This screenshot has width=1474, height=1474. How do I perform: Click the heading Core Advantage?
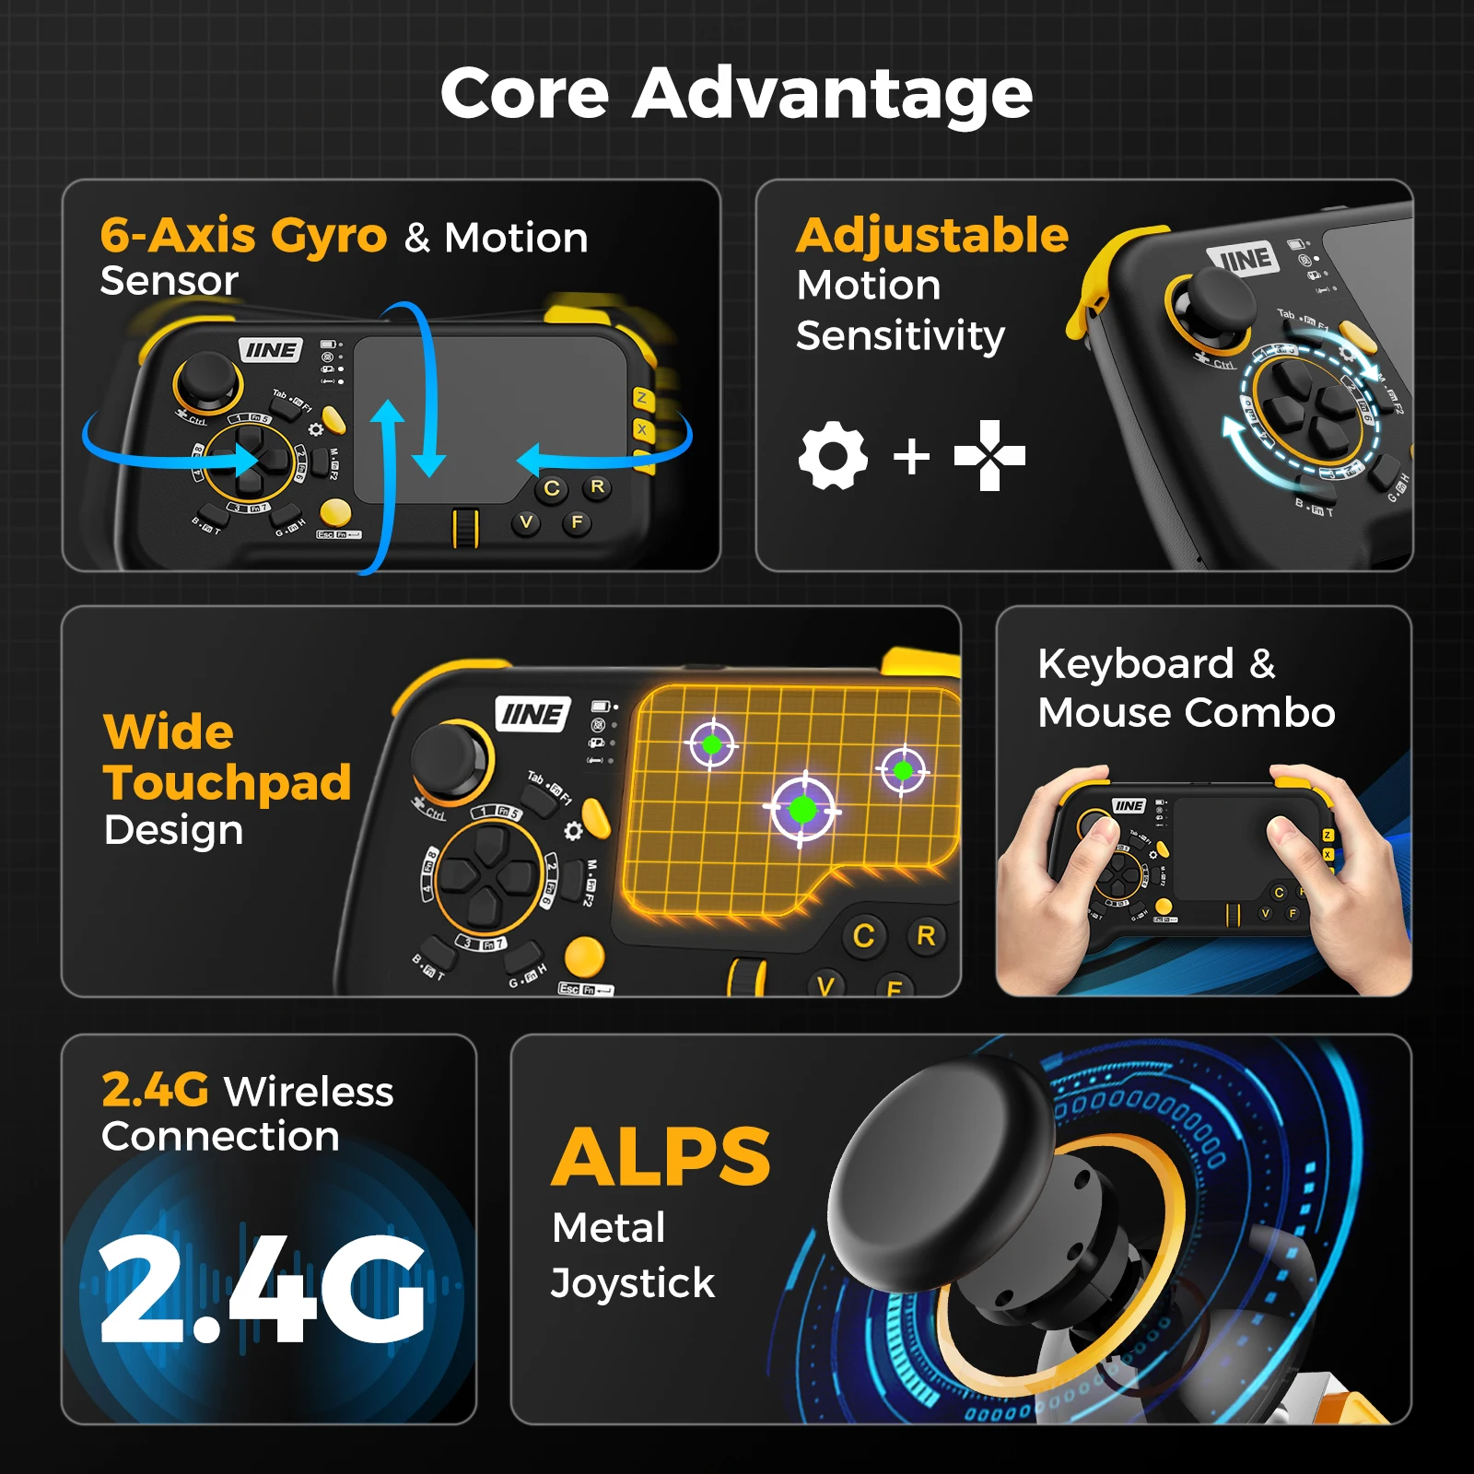coord(736,94)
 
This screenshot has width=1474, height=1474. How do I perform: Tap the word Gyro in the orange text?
coord(328,236)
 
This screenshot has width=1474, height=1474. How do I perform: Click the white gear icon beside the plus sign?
coord(833,456)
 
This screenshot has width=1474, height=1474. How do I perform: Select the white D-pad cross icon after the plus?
coord(989,455)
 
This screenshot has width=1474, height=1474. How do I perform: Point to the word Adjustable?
coord(932,235)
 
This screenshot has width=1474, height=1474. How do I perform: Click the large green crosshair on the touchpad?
coord(802,810)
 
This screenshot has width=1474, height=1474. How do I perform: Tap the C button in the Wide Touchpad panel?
coord(863,936)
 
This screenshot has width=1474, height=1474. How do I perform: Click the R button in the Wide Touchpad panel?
coord(926,936)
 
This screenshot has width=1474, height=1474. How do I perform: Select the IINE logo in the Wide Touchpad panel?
coord(533,714)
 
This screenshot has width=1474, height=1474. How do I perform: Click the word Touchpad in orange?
coord(228,782)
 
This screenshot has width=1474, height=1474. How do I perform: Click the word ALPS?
coord(661,1157)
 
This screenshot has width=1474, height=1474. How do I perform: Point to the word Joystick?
coord(632,1282)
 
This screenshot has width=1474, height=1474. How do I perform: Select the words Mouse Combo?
coord(1186,712)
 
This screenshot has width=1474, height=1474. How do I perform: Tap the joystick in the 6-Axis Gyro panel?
coord(206,380)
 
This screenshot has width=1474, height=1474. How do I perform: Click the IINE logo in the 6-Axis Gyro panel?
coord(270,350)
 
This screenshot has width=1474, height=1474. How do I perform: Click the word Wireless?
coord(309,1092)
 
